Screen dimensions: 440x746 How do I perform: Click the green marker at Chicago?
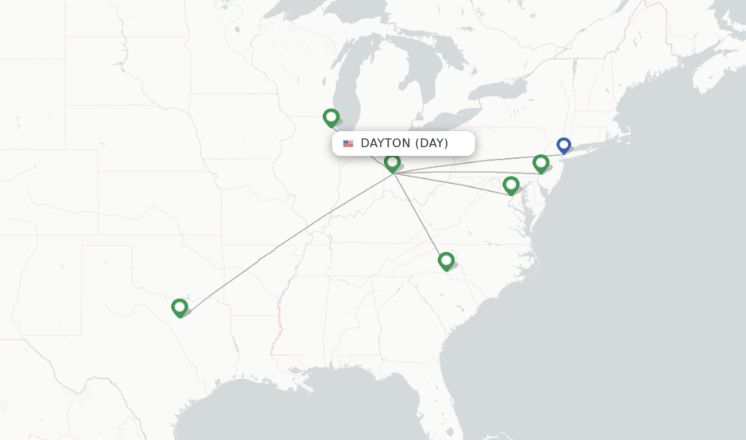click(331, 117)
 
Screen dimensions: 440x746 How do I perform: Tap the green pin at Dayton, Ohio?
click(392, 162)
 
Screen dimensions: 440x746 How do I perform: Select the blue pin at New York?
click(563, 145)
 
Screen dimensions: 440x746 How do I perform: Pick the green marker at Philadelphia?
click(541, 162)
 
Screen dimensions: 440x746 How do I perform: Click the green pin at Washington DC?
click(511, 184)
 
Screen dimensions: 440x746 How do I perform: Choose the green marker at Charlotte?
click(446, 260)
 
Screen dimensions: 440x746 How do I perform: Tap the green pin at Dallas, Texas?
click(179, 307)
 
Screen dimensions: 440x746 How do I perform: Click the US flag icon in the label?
click(348, 144)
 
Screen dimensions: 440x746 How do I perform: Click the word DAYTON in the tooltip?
click(385, 144)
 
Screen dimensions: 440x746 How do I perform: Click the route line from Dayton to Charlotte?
click(419, 215)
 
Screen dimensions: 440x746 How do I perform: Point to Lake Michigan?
click(353, 80)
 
